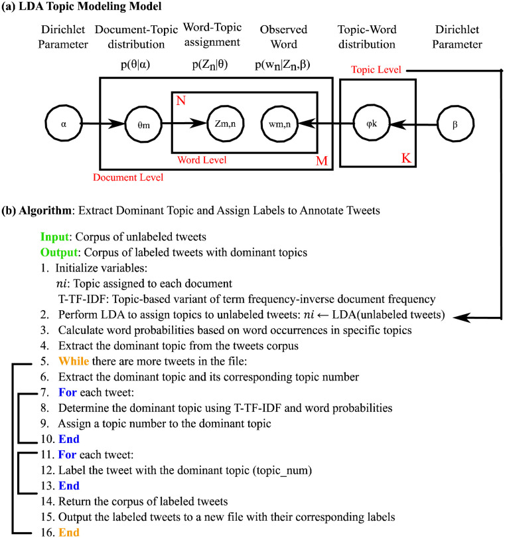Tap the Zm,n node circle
tap(222, 123)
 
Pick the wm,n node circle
tap(279, 123)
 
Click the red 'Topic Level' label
tap(372, 68)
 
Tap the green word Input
tap(54, 237)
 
